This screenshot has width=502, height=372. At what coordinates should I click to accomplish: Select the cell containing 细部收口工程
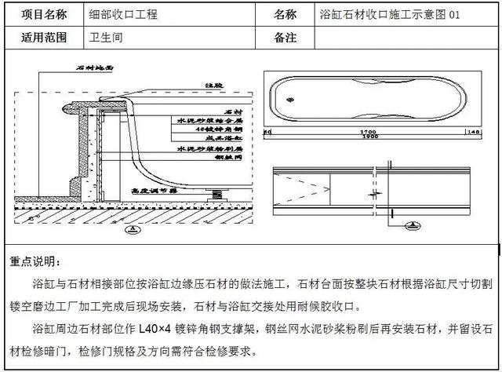(124, 15)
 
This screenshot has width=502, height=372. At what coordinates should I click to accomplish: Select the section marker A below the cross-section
(133, 230)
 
